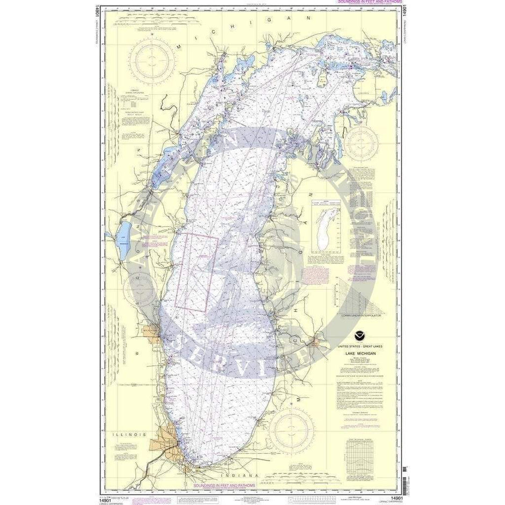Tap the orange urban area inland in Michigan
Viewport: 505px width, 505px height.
[x=315, y=341]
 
